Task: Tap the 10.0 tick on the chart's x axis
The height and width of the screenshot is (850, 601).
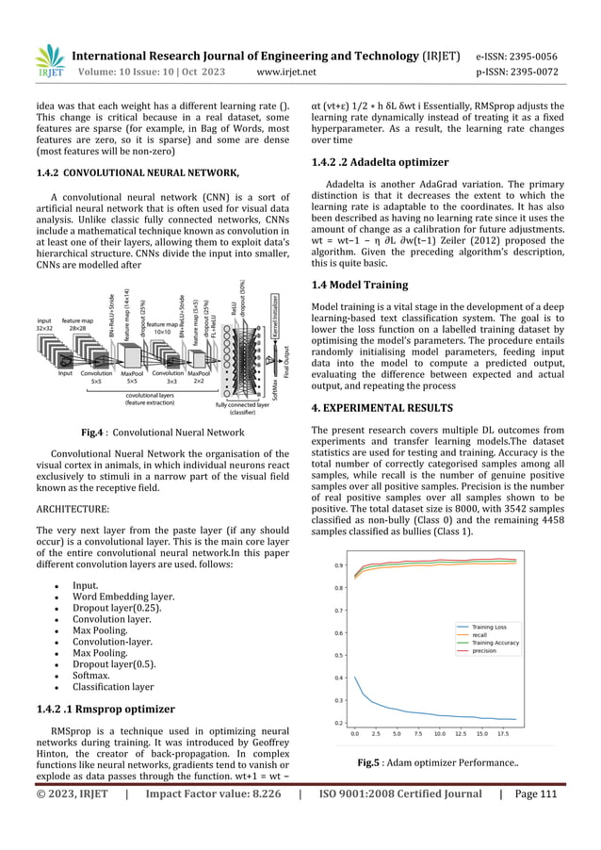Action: click(439, 732)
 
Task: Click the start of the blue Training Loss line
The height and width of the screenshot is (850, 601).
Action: click(355, 677)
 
